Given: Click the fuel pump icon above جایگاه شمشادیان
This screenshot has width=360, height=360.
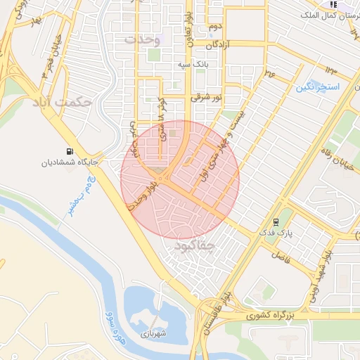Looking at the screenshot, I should [x=69, y=150].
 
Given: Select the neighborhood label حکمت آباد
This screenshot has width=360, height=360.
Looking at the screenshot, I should [x=62, y=103].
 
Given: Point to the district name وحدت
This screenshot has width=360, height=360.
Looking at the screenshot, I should [x=143, y=40].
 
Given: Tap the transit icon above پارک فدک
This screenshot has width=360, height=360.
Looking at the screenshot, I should [x=285, y=220].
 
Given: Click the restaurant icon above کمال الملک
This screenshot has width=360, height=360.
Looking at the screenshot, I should [x=333, y=4].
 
